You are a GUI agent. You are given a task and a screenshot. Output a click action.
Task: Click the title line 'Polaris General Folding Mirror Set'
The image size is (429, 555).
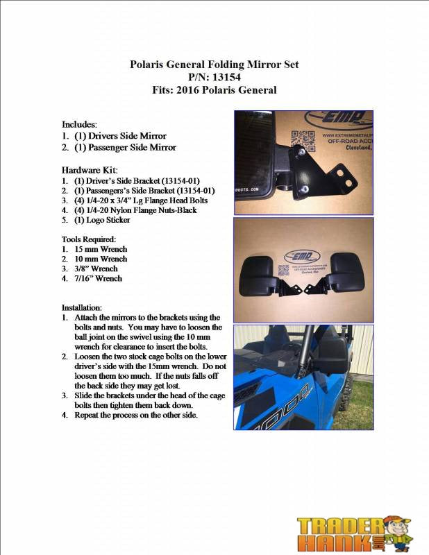pos(214,65)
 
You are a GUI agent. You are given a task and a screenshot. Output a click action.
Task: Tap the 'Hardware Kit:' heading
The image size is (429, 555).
pos(90,169)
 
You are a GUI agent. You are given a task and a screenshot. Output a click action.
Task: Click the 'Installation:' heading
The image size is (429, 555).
pos(83,307)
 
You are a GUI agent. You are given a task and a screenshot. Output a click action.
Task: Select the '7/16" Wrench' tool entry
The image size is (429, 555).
pos(98,278)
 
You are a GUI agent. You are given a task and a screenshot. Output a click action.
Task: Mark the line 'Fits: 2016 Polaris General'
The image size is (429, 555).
pos(214,89)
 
